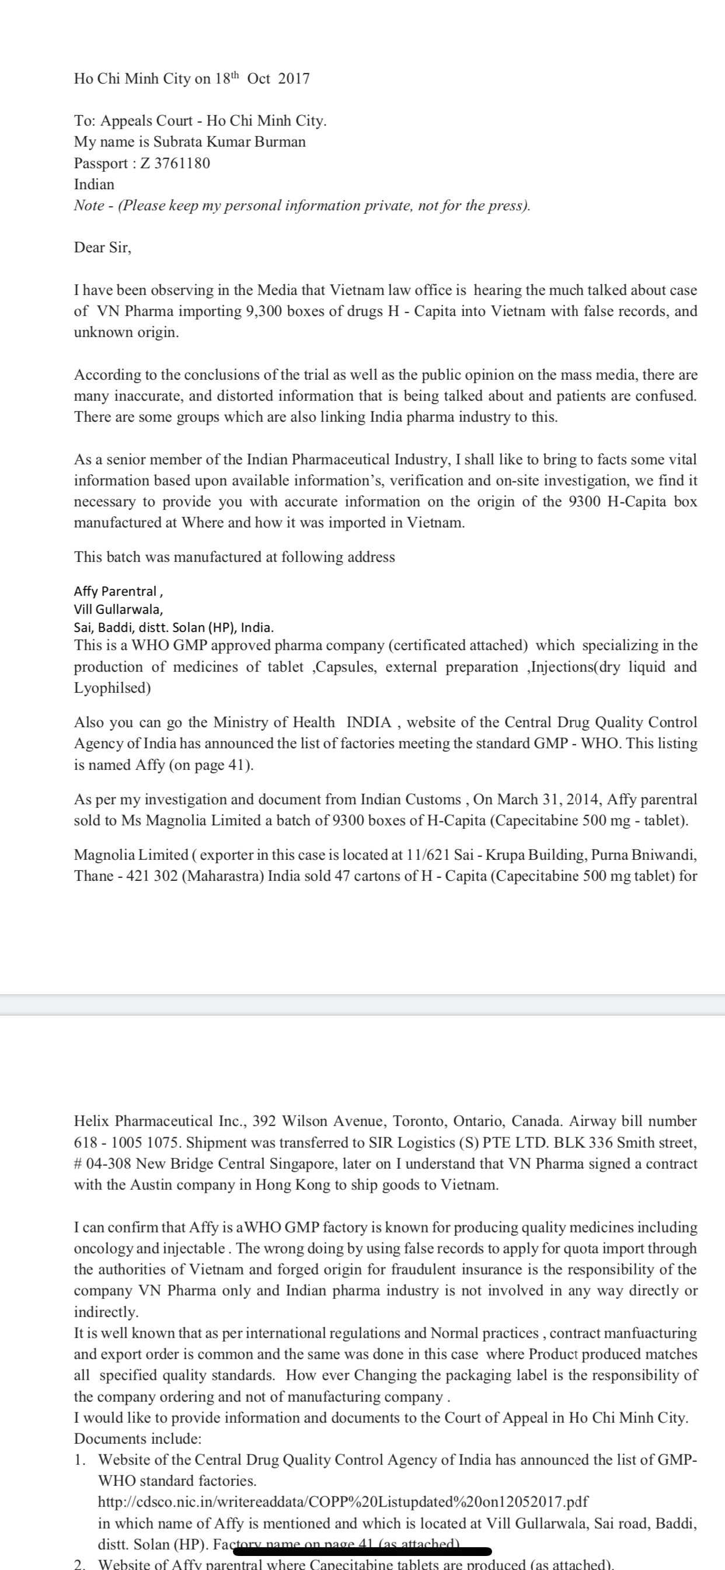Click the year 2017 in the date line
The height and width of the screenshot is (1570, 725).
(294, 79)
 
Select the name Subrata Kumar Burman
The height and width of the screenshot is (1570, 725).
(229, 142)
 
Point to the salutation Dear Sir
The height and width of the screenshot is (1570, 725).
(102, 248)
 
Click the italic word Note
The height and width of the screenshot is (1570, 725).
(89, 206)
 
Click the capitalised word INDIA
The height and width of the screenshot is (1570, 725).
(368, 723)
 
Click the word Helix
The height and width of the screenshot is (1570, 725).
(93, 1121)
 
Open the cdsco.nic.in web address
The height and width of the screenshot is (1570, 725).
(343, 1501)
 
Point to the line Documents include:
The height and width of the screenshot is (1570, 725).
(138, 1439)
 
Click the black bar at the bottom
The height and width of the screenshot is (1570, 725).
(362, 1551)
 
